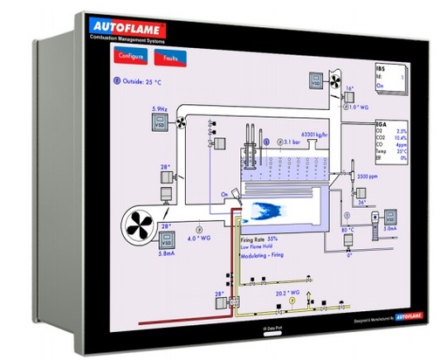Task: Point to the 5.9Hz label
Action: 159,108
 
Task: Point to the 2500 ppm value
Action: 368,177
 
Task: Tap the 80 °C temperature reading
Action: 348,229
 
